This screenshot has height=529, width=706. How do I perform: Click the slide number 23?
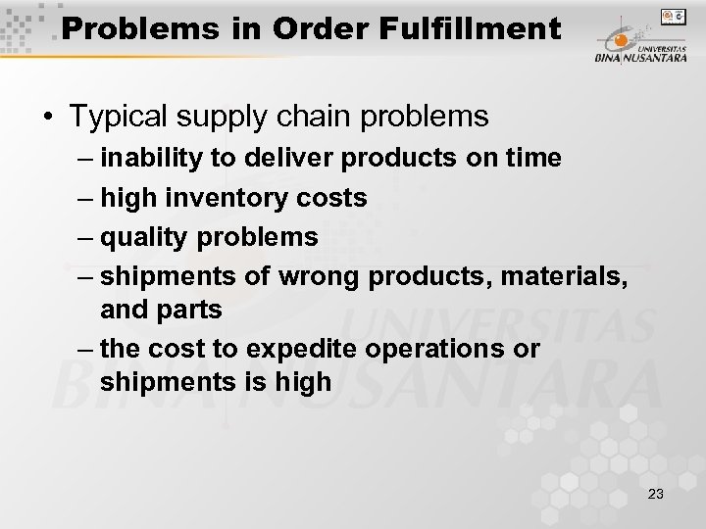tap(656, 494)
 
